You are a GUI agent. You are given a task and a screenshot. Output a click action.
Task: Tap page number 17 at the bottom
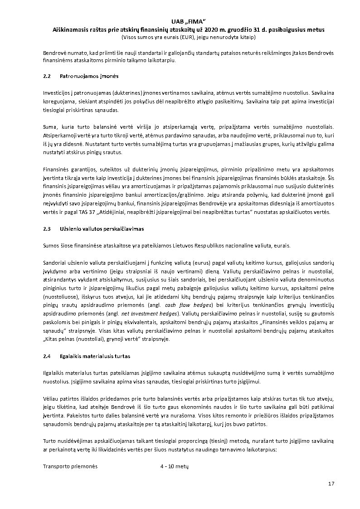click(x=331, y=484)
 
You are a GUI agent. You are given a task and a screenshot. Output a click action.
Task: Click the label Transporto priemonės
click(x=70, y=466)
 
